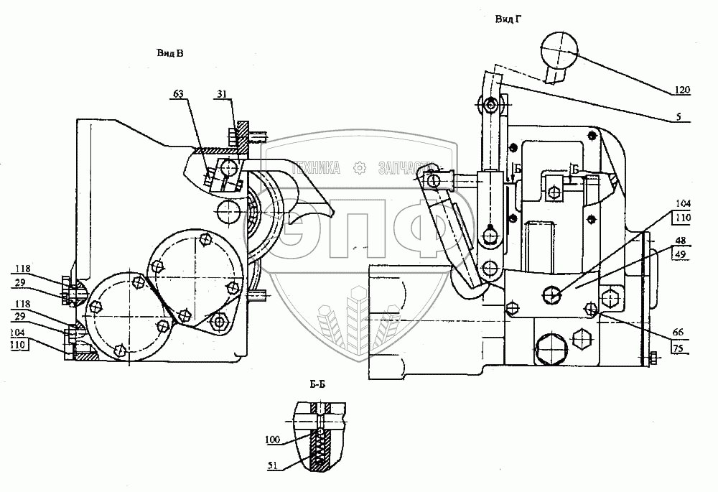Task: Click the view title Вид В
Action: [x=169, y=53]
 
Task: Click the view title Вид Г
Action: [x=507, y=19]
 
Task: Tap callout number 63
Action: [x=178, y=93]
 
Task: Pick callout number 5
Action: [x=686, y=116]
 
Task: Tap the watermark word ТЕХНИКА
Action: [x=315, y=168]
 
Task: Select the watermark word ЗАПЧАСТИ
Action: [x=402, y=168]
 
